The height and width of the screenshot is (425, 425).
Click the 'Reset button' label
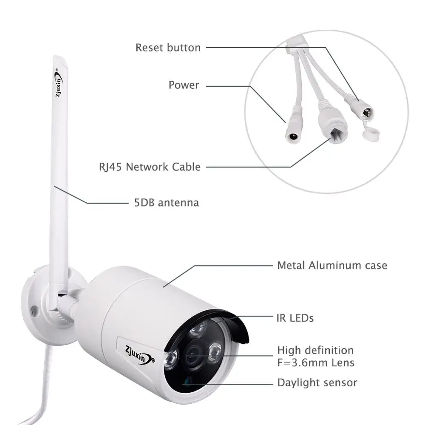[168, 48]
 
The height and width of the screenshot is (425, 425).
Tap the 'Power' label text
[184, 85]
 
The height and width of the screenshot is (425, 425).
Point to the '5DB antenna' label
[164, 202]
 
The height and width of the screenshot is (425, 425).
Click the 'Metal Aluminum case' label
[332, 266]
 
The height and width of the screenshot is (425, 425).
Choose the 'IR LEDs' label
[295, 317]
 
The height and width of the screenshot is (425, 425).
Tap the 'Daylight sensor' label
[317, 382]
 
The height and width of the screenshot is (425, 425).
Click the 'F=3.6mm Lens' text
[315, 363]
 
